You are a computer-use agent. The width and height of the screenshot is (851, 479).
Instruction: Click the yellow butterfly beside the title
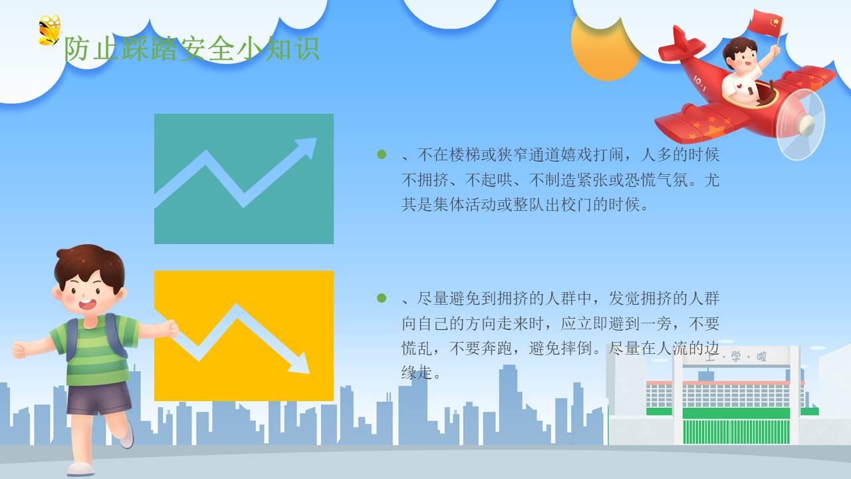(49, 31)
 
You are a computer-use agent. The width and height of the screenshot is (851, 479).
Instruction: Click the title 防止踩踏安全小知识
(192, 49)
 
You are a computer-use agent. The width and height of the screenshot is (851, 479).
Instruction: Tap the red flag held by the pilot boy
(765, 23)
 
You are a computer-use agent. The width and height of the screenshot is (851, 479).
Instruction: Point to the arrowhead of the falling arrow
(299, 364)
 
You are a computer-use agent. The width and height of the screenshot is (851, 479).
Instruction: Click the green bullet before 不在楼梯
(382, 154)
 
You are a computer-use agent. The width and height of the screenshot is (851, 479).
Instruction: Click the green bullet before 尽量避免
(382, 298)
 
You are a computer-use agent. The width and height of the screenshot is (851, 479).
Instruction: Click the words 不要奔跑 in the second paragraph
(481, 348)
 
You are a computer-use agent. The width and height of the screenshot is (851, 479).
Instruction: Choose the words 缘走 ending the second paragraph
(417, 373)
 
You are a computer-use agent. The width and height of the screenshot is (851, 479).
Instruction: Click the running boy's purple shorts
(100, 399)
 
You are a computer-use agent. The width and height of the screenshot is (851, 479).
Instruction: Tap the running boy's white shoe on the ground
(80, 469)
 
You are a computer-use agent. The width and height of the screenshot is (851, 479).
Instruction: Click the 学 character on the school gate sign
(736, 357)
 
